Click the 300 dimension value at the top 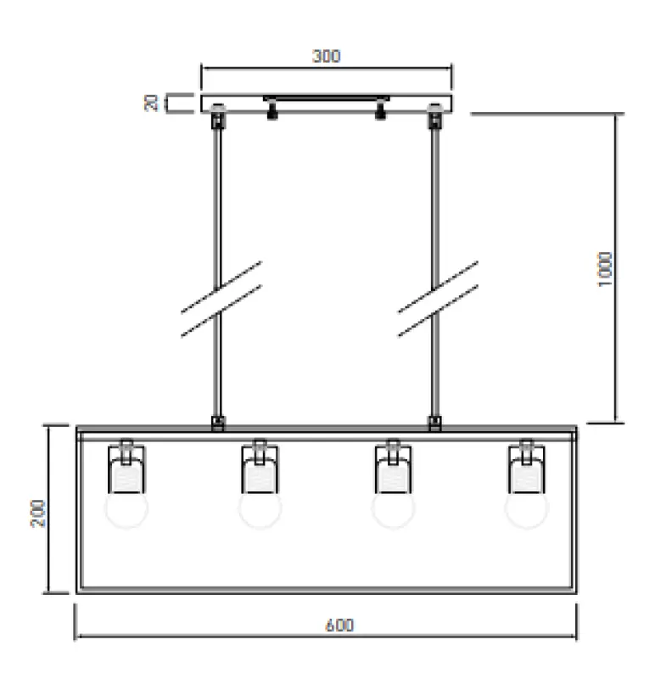pos(326,57)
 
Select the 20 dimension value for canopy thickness pos(153,103)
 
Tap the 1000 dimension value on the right pos(604,268)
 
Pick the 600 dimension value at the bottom pos(339,626)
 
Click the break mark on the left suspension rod pos(220,299)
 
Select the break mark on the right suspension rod pos(437,299)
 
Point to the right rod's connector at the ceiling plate pos(436,115)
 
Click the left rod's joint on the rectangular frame pos(218,422)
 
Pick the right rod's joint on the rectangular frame pos(435,422)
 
